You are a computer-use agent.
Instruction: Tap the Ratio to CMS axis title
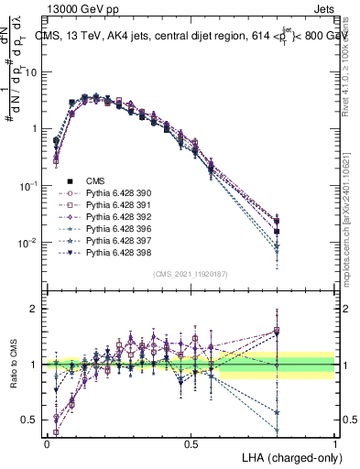[x=13, y=365]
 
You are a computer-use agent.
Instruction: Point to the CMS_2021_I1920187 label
[x=190, y=274]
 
